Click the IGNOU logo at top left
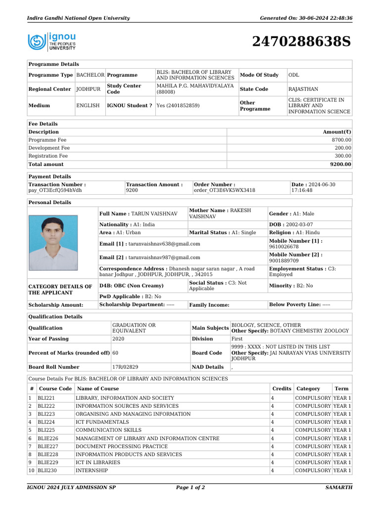[52, 42]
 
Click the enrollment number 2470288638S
[301, 42]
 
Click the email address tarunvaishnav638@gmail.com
[164, 244]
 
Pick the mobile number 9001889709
[284, 261]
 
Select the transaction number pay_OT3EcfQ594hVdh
[55, 190]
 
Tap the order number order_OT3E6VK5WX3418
[225, 190]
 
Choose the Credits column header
[282, 389]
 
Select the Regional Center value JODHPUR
[88, 89]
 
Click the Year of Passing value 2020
[119, 339]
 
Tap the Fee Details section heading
[43, 124]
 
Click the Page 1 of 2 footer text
[190, 488]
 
